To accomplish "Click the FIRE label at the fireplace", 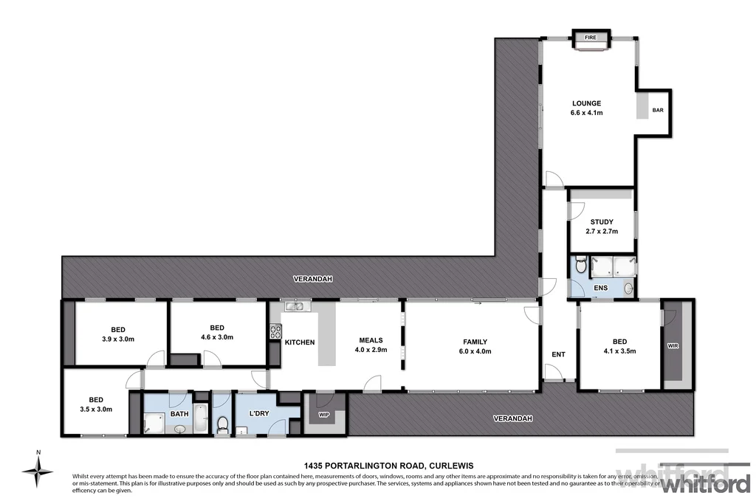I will coord(591,37).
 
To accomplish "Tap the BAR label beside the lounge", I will coord(657,111).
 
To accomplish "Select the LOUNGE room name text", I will coord(586,103).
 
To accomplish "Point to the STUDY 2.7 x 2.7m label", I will coord(602,227).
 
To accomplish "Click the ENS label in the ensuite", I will coord(600,289).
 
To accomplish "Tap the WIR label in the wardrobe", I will coord(672,345).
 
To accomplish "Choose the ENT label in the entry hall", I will coord(558,355).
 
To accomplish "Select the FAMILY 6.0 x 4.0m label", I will coord(475,346).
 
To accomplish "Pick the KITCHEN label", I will coord(300,342).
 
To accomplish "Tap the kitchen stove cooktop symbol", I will coord(275,332).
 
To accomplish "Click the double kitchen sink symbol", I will coord(295,305).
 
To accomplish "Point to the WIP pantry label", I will coord(323,415).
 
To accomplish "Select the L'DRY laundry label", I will coord(258,413).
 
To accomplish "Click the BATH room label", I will coord(179,414).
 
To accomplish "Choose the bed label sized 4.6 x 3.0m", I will coord(216,332).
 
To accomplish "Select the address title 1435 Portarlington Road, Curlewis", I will coord(388,466).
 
